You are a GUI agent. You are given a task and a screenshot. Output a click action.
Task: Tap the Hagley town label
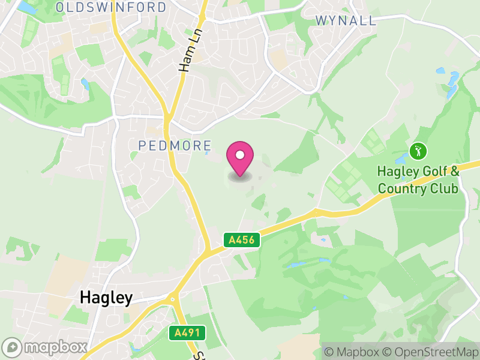tap(106, 298)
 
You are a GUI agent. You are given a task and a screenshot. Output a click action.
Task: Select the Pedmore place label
tap(175, 145)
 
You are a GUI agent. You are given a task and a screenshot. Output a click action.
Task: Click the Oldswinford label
tap(111, 7)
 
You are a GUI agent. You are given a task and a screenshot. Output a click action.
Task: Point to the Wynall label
tap(346, 20)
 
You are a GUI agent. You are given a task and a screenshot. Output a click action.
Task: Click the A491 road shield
tap(187, 332)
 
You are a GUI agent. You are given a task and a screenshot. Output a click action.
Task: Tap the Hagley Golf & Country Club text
tap(418, 180)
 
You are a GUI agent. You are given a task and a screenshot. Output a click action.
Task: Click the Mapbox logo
tap(45, 347)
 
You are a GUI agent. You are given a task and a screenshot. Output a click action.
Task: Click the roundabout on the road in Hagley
tap(173, 298)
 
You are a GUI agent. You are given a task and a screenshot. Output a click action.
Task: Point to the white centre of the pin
tap(240, 155)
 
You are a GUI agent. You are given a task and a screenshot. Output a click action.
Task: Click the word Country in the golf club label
tap(404, 189)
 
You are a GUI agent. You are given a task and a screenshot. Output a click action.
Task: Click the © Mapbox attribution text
tap(350, 352)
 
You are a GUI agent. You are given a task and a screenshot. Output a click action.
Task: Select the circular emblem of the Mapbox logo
tap(12, 347)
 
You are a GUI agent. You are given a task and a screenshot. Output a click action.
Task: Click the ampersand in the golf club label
tap(455, 172)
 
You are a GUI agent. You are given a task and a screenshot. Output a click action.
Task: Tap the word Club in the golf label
tap(445, 189)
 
